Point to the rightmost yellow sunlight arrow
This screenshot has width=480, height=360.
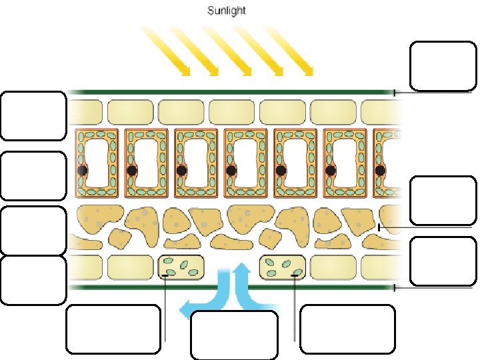[293, 51]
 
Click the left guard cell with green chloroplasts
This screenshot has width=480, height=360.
[181, 267]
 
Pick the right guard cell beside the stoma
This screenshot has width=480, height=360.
[283, 267]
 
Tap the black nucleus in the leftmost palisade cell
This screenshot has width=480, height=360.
[82, 171]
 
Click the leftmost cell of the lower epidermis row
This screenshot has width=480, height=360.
[85, 267]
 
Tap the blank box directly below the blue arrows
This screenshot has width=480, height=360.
[234, 335]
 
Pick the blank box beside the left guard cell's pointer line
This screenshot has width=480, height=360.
[113, 329]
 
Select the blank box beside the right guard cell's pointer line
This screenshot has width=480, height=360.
[347, 329]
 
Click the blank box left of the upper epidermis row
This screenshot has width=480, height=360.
[33, 116]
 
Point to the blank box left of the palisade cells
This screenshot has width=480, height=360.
[33, 176]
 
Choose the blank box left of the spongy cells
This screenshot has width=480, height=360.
[33, 231]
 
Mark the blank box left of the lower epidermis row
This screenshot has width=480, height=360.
[33, 280]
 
